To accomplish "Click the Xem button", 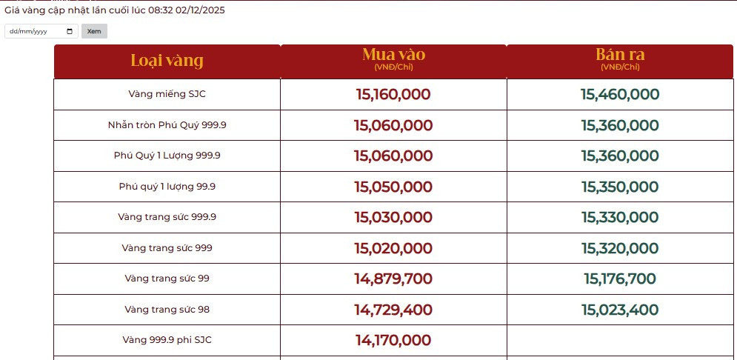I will coord(94,31).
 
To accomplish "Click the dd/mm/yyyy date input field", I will coord(37,31).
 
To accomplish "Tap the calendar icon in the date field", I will coord(70,31).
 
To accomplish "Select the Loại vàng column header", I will coord(167,61).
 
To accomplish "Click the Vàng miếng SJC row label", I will coord(167,94).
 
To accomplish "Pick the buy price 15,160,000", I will coord(393,94).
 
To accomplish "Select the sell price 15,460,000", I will coord(620,94).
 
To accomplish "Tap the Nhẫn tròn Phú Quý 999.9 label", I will coord(167,124).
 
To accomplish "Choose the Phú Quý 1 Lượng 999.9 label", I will coord(167,156).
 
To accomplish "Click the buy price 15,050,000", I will coord(393,187).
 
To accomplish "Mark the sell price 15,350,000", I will coord(620,187).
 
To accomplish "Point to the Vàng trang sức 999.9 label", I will coord(167,217).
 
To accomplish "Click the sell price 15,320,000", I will coord(620,248).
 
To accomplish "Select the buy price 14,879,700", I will coord(393,279).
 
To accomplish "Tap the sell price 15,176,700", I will coord(620,279).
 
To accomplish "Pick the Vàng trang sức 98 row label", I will coord(167,309).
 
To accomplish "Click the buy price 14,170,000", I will coord(393,340).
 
